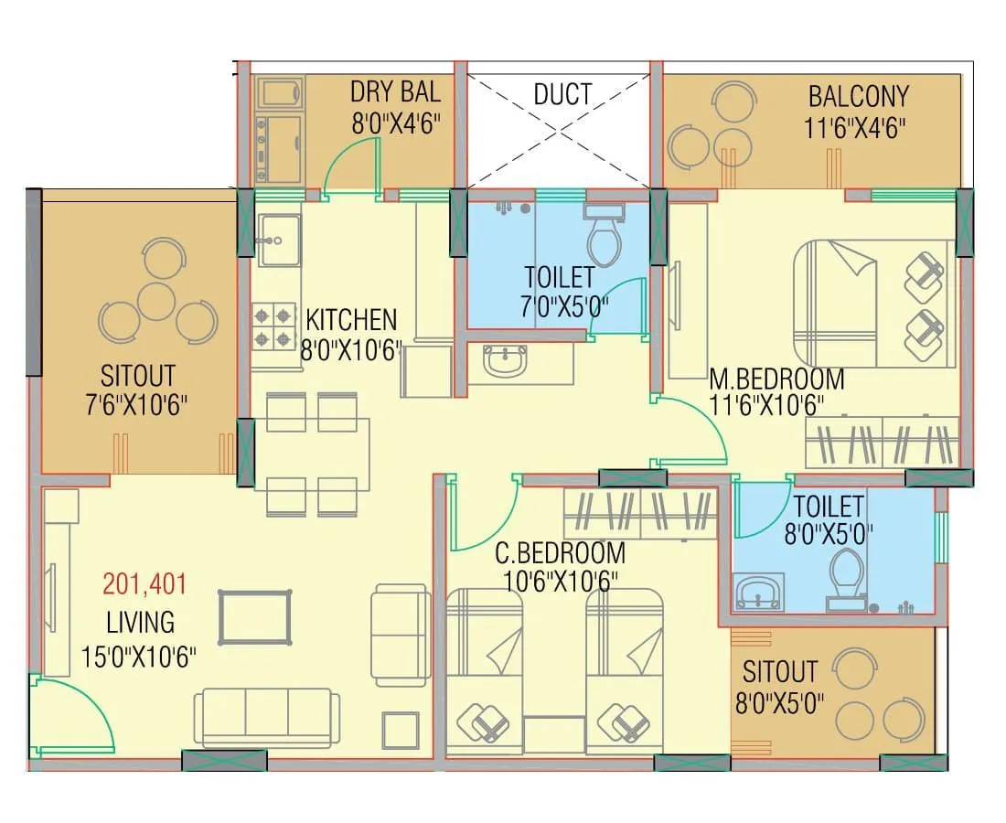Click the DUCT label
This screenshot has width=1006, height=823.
tap(562, 94)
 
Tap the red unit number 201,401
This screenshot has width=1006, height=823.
tap(144, 583)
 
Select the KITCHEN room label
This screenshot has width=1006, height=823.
tap(351, 320)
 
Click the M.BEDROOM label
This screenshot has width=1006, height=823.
tap(776, 378)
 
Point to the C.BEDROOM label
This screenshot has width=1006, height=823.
tap(560, 553)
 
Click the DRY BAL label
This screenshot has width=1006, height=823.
tap(395, 92)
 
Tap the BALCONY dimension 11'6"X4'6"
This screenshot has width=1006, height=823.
tap(856, 126)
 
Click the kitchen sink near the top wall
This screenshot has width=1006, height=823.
tap(278, 240)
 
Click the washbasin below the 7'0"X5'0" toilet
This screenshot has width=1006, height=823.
tap(506, 360)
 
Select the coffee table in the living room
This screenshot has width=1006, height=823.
tap(254, 618)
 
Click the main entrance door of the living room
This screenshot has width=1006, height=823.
tap(73, 713)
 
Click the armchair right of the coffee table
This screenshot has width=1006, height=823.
tap(401, 636)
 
